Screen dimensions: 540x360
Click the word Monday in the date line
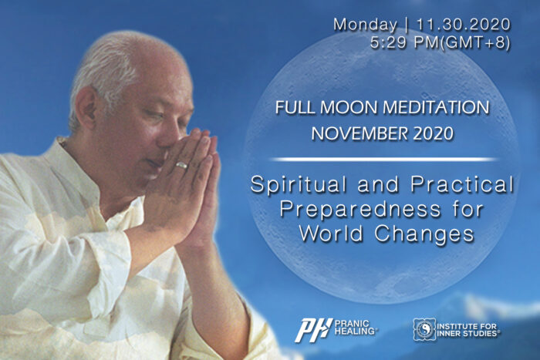tap(365, 25)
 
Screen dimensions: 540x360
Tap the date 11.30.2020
tap(463, 24)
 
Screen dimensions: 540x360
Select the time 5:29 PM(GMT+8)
tap(440, 42)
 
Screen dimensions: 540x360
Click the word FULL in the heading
tap(295, 107)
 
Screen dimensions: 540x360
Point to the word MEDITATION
tap(436, 107)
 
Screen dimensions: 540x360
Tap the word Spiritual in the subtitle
tap(299, 184)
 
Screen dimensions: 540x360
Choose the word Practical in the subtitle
tap(462, 184)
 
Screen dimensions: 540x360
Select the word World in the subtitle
tap(331, 234)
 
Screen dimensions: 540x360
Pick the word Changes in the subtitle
tap(424, 234)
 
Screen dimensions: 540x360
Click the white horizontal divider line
tap(383, 160)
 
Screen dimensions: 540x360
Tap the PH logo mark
tap(312, 330)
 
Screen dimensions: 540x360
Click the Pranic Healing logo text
tap(355, 328)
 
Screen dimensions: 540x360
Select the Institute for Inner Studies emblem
tap(424, 329)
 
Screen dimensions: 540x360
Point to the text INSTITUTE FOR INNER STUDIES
tap(467, 329)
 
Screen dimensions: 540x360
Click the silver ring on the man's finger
tap(181, 165)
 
